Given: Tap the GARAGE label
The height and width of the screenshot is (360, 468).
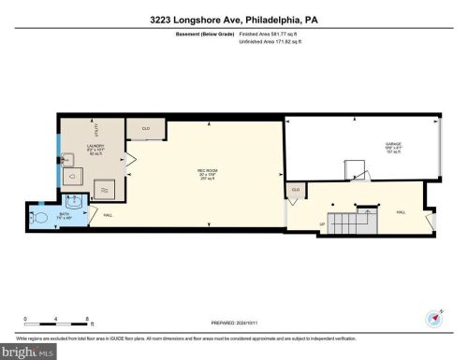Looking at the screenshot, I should (x=390, y=146).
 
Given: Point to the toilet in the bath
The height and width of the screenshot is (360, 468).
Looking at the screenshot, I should (x=38, y=217).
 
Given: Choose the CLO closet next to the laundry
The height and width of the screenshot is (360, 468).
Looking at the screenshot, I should (x=146, y=128).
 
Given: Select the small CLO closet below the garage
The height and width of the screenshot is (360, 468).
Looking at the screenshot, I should (x=296, y=190).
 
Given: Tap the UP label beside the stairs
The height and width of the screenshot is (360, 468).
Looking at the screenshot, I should (x=324, y=225).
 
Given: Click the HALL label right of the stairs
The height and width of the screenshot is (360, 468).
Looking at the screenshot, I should (x=402, y=212).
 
